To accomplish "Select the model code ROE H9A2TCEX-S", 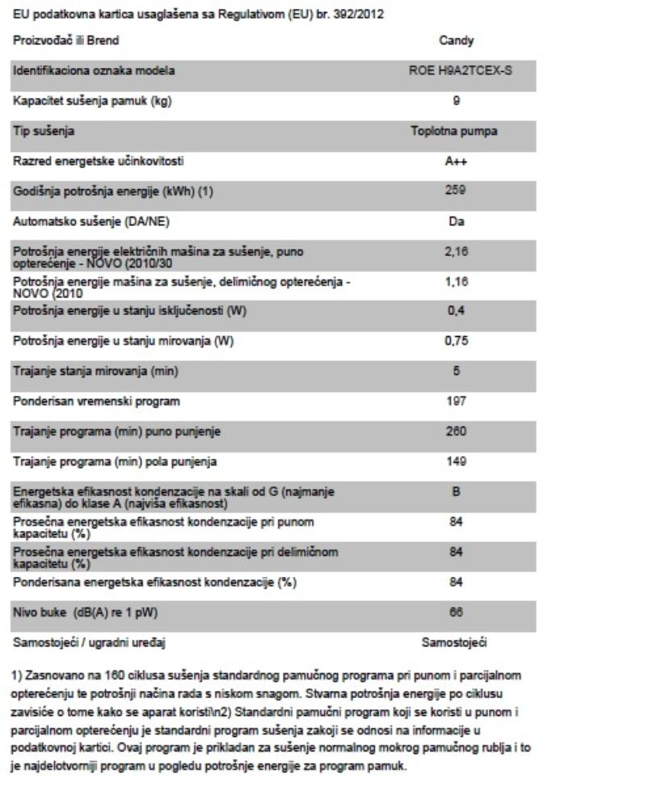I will click(457, 72).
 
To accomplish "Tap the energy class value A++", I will click(457, 162).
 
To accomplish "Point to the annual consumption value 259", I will click(457, 191).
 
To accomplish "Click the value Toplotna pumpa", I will click(457, 132).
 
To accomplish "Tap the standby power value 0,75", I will click(457, 341).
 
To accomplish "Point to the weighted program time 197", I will click(457, 401).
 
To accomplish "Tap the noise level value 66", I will click(457, 613).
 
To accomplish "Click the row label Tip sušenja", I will click(40, 132).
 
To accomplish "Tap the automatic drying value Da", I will click(457, 221).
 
